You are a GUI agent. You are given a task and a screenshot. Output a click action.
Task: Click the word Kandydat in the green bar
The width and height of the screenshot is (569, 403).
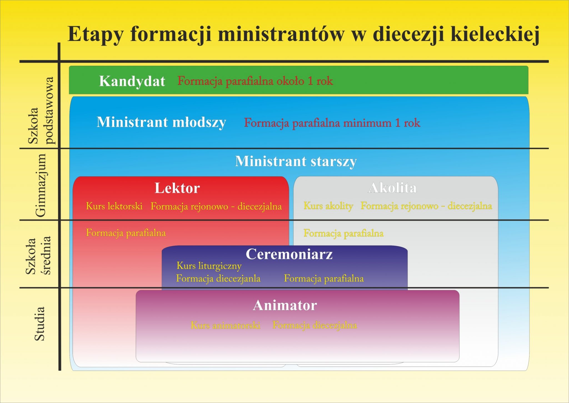pos(132,81)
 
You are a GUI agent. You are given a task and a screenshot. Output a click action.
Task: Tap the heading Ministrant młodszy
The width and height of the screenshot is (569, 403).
pos(161,122)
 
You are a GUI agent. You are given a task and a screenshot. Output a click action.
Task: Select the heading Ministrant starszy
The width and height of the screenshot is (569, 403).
pos(296,161)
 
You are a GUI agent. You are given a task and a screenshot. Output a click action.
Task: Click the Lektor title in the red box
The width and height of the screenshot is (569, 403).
pos(177,188)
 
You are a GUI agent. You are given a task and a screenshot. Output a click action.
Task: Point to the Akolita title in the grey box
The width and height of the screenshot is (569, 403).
pos(393,188)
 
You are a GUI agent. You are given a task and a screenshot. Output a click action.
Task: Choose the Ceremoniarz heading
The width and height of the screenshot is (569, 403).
pos(289,254)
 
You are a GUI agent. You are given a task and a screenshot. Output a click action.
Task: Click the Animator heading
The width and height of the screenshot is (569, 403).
pos(285,305)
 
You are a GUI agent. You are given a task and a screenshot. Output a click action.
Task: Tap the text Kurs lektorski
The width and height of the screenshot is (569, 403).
pos(114,206)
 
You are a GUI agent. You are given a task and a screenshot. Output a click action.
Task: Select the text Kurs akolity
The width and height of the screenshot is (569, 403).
pos(328,206)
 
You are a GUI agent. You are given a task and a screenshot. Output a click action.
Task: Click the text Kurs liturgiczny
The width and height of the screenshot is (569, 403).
pos(209,266)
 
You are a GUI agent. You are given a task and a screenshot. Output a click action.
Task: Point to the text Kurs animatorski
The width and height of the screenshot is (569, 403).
pos(226,325)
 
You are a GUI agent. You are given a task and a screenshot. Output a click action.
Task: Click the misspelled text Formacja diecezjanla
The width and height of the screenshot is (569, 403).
pos(218,279)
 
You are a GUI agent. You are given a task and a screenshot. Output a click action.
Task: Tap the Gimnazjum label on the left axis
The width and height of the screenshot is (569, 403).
pos(41,185)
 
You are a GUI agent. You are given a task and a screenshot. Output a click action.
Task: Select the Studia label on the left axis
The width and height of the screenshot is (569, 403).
pos(39,324)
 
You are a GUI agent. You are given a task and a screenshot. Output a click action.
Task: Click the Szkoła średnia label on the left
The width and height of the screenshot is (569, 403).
pos(38,256)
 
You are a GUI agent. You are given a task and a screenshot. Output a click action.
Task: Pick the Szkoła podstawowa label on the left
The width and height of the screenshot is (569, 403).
pos(41,111)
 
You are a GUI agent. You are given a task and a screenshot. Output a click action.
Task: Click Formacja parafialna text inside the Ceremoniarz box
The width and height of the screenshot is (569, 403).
pos(324,279)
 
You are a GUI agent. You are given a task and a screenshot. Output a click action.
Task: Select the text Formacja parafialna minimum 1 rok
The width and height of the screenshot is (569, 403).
pos(332,123)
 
